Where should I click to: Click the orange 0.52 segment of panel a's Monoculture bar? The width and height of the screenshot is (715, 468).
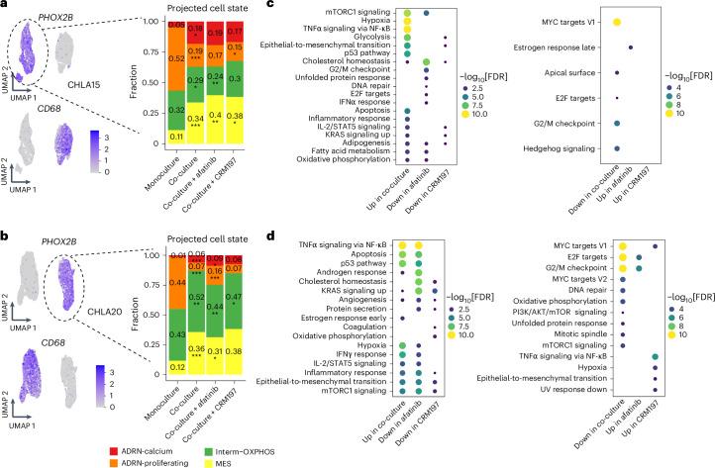click(174, 59)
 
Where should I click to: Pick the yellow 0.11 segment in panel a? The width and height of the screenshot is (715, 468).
click(174, 136)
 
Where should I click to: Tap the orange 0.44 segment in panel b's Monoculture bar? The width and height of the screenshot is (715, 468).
click(174, 283)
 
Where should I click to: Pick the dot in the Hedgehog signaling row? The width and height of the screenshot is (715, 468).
click(616, 148)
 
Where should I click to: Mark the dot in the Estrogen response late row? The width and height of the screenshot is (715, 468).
click(631, 47)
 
